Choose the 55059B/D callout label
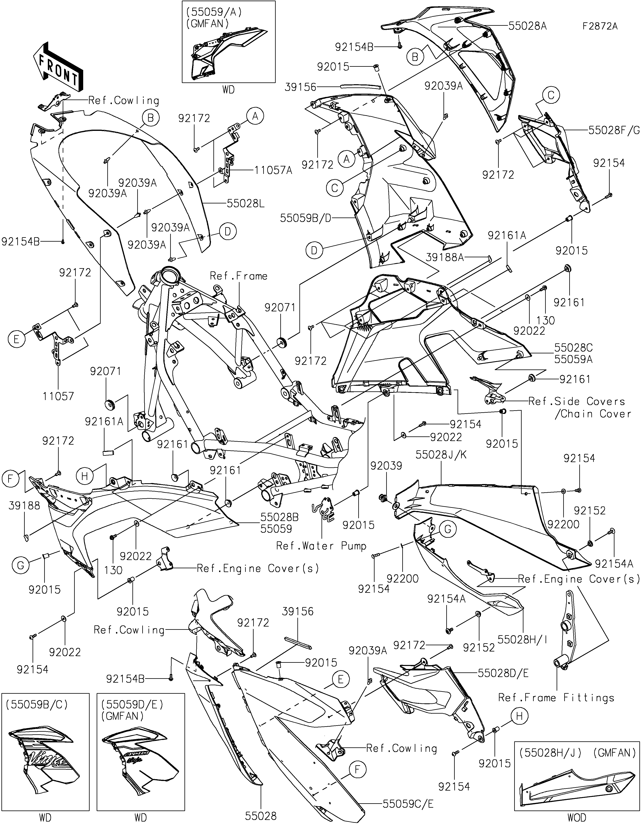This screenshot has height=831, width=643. coord(305,218)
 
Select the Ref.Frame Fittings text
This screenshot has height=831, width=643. coord(556,698)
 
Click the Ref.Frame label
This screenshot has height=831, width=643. coord(239,276)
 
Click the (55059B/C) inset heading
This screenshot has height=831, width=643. coord(37,705)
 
